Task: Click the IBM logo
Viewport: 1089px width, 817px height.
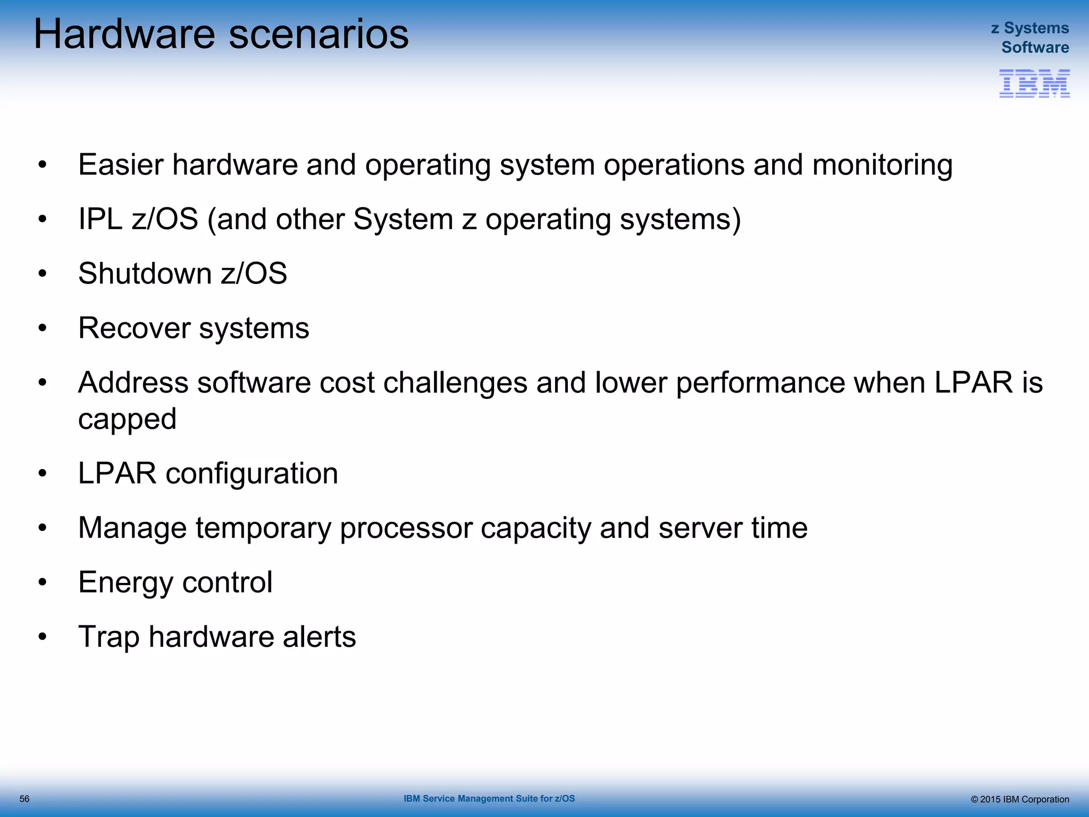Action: (x=1034, y=84)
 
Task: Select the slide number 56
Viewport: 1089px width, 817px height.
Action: (x=24, y=799)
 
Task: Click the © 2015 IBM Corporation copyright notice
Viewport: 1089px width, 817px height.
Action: (x=1019, y=799)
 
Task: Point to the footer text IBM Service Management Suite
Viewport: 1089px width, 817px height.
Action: (x=489, y=798)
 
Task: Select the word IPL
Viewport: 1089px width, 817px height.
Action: (x=100, y=219)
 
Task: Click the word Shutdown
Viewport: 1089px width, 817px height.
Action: (x=145, y=273)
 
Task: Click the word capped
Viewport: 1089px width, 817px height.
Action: (x=127, y=419)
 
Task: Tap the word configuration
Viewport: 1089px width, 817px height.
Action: (x=252, y=473)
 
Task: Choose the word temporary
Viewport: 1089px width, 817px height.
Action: (x=263, y=528)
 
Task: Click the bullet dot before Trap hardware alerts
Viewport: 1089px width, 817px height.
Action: (x=43, y=637)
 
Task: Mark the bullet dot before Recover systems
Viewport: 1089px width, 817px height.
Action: (x=43, y=328)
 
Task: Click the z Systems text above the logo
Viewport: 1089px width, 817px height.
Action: (x=1029, y=28)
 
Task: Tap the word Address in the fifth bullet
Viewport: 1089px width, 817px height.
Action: (x=133, y=382)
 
